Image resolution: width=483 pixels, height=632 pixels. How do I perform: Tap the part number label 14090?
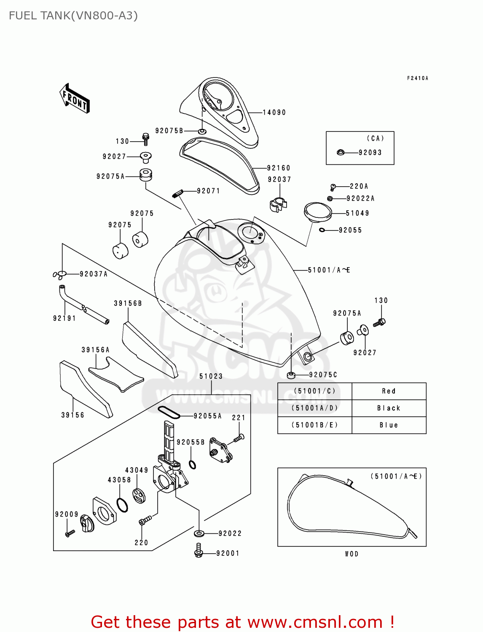tap(274, 112)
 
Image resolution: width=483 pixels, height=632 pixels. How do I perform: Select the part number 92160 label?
tap(279, 168)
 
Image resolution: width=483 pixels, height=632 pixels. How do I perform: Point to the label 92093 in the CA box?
tap(370, 153)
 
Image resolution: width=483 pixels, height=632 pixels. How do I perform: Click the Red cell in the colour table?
tap(389, 391)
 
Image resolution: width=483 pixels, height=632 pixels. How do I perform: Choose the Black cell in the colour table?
tap(389, 408)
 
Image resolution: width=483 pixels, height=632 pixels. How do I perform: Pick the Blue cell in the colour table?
tap(389, 425)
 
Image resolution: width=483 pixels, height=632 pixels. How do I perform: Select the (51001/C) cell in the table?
tap(314, 391)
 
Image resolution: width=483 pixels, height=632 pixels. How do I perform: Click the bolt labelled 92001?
tap(199, 550)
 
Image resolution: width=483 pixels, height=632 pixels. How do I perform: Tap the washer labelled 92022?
tap(199, 533)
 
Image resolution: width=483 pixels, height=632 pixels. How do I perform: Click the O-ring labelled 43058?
tap(122, 505)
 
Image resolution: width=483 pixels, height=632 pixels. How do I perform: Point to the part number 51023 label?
tap(211, 376)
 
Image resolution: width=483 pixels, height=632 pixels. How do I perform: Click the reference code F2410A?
tap(417, 78)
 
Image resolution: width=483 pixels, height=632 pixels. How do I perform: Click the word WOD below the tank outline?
tap(352, 554)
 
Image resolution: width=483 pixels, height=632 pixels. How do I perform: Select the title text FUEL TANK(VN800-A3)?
tap(73, 16)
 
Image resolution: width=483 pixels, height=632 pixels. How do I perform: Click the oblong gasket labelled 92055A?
tap(169, 412)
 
